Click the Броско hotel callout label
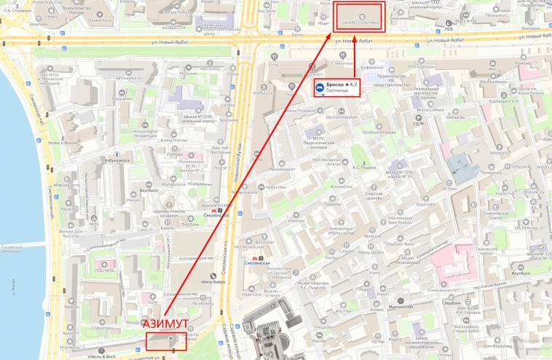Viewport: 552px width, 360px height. pos(336,89)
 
